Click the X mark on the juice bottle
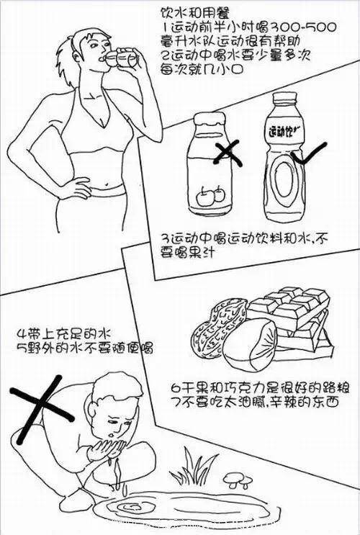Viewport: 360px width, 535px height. tap(228, 153)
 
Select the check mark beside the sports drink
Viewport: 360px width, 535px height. tap(308, 153)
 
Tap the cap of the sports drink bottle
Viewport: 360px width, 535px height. tap(284, 98)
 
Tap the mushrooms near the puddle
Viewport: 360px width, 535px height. tap(238, 480)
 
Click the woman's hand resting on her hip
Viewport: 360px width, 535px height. tap(77, 188)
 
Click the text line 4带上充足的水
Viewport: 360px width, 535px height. tap(65, 333)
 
